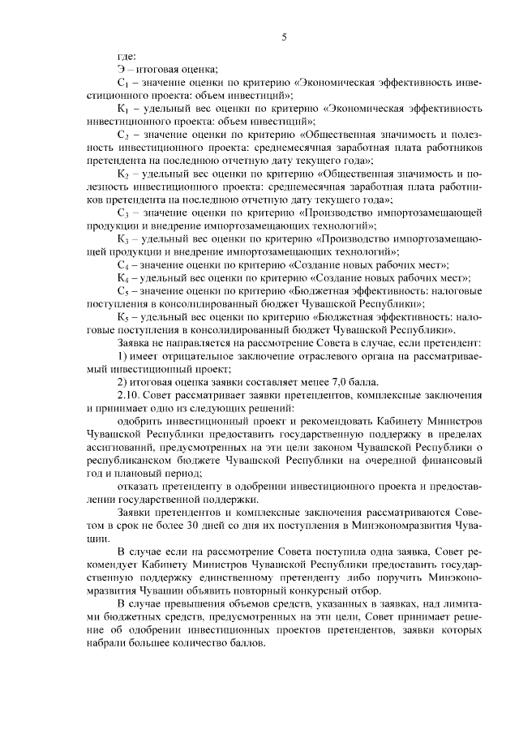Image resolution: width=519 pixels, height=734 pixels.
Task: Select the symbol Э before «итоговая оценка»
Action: coord(122,70)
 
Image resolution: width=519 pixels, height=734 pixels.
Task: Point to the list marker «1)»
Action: coord(122,356)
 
